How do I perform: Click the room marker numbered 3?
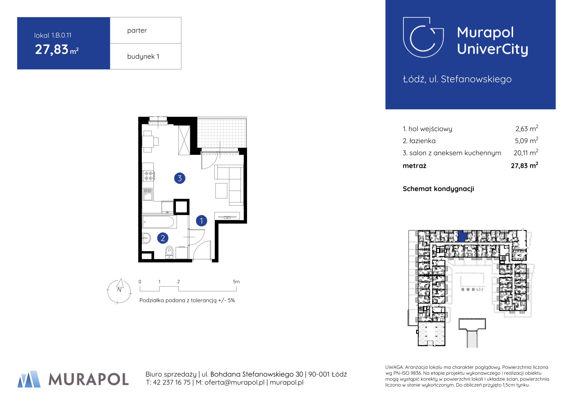click(x=180, y=178)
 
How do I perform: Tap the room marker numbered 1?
click(x=201, y=221)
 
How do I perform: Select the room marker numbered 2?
click(x=163, y=238)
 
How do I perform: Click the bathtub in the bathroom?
click(x=159, y=222)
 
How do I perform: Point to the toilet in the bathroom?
click(x=169, y=252)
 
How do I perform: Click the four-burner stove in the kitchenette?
click(x=148, y=176)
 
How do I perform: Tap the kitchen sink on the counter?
click(x=148, y=194)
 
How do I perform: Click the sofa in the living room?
click(x=229, y=185)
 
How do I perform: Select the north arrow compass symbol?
click(x=119, y=291)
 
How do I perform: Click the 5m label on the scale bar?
click(x=236, y=281)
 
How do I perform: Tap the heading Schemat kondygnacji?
click(x=438, y=189)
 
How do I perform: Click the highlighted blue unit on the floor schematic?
click(x=462, y=237)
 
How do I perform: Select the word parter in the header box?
click(x=137, y=30)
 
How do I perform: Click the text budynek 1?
click(x=143, y=56)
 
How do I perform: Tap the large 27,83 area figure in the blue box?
click(x=52, y=49)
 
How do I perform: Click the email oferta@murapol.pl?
click(x=234, y=382)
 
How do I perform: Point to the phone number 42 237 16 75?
click(x=171, y=382)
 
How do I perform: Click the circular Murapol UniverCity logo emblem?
click(x=423, y=37)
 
